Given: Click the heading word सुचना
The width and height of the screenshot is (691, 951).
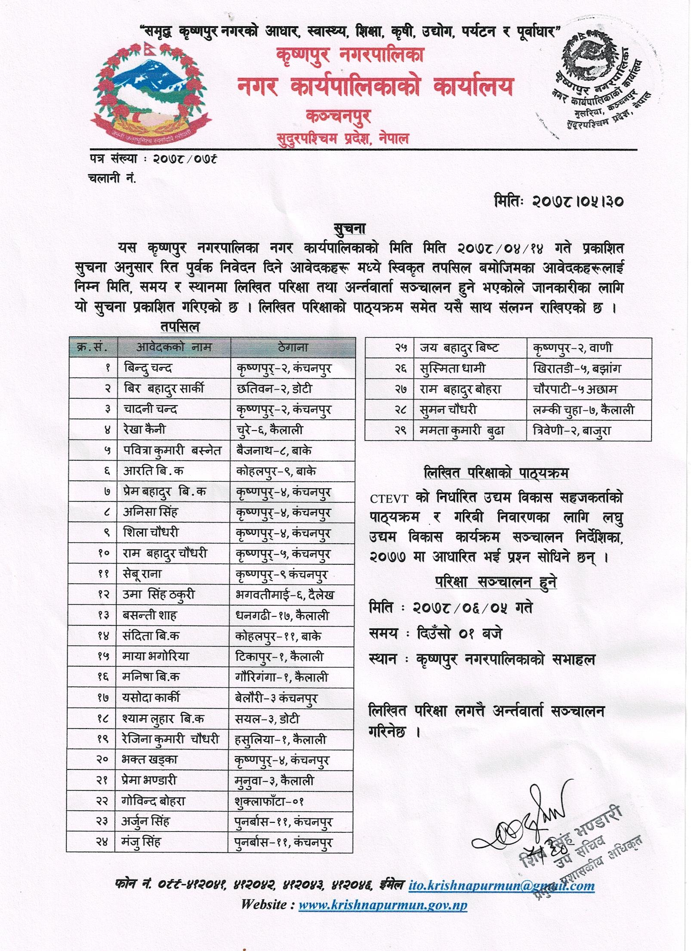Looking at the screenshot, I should coord(349,228).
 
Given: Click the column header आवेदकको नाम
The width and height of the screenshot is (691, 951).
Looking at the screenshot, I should coord(173,348).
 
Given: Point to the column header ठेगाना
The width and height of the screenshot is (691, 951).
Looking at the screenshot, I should coord(293,348).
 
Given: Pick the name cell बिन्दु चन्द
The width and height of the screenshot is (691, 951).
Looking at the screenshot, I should coord(148,368).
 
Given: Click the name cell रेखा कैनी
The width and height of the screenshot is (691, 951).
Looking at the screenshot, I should coord(144,430).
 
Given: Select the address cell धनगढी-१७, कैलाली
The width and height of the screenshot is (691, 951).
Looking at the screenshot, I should coord(282,616).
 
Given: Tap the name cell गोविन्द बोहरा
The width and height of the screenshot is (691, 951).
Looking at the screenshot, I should coord(153,801).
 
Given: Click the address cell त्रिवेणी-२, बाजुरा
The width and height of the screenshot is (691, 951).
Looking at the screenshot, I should coord(571,431).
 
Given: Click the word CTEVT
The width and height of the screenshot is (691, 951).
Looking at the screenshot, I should coord(389,499).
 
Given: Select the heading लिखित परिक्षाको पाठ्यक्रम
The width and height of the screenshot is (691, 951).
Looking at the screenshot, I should coord(496,474).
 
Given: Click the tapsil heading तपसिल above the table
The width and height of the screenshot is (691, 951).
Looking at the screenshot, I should coord(180,327).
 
